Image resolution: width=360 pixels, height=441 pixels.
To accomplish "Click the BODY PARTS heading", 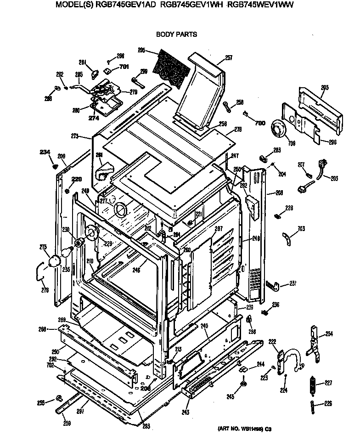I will pyautogui.click(x=176, y=34).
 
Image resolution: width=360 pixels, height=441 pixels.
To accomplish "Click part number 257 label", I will pyautogui.click(x=228, y=58).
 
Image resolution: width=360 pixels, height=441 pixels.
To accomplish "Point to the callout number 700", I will pyautogui.click(x=260, y=123).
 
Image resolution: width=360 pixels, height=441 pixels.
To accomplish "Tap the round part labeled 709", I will pyautogui.click(x=278, y=127).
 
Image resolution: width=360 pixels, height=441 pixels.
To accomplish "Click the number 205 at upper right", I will pyautogui.click(x=325, y=88).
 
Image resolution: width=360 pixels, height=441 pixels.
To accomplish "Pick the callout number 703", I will pyautogui.click(x=301, y=228).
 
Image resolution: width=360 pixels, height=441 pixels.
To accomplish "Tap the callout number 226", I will pyautogui.click(x=328, y=404).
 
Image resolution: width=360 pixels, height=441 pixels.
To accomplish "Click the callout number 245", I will pyautogui.click(x=230, y=396).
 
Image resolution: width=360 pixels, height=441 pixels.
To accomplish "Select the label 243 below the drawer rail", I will pyautogui.click(x=185, y=412).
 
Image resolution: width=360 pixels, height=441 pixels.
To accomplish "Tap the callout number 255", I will pyautogui.click(x=41, y=403).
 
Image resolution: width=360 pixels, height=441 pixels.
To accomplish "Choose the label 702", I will pyautogui.click(x=50, y=365).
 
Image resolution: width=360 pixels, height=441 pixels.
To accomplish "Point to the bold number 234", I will pyautogui.click(x=44, y=152).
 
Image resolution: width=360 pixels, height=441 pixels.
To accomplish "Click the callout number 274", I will pyautogui.click(x=94, y=118).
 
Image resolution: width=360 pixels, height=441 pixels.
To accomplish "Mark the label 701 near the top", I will pyautogui.click(x=124, y=67).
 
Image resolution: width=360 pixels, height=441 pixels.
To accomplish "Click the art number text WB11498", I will pyautogui.click(x=242, y=429).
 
